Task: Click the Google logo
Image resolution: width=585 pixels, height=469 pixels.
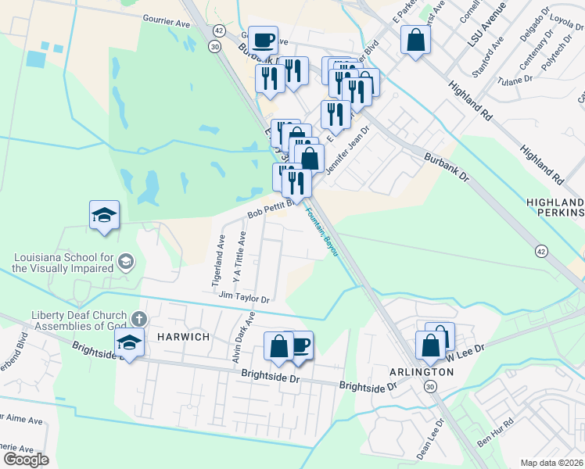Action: [26, 459]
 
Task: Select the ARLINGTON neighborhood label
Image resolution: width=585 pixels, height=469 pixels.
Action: [422, 372]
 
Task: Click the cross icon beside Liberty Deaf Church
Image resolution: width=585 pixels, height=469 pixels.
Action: [139, 318]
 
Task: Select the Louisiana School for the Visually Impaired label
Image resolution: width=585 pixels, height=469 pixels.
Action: [63, 263]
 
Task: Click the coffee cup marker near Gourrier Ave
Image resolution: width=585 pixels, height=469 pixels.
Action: [264, 38]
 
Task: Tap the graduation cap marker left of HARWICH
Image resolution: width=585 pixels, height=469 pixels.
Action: [129, 342]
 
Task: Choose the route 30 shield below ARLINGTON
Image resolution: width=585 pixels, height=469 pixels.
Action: [430, 388]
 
